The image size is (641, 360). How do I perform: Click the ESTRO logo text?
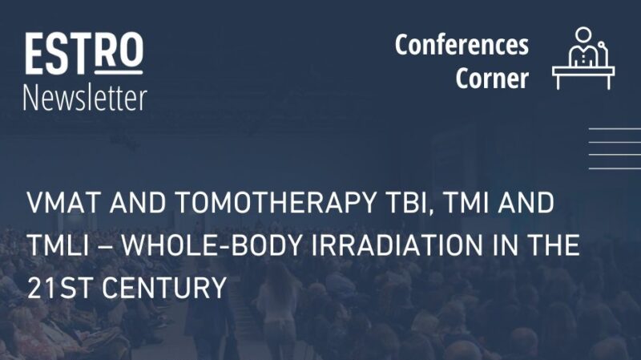click(83, 54)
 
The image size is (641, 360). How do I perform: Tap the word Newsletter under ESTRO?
click(85, 97)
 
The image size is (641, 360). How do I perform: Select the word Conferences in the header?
click(462, 45)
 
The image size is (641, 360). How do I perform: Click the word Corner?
click(493, 79)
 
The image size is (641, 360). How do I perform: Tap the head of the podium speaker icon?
click(583, 35)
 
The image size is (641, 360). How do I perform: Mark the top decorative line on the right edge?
click(615, 128)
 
